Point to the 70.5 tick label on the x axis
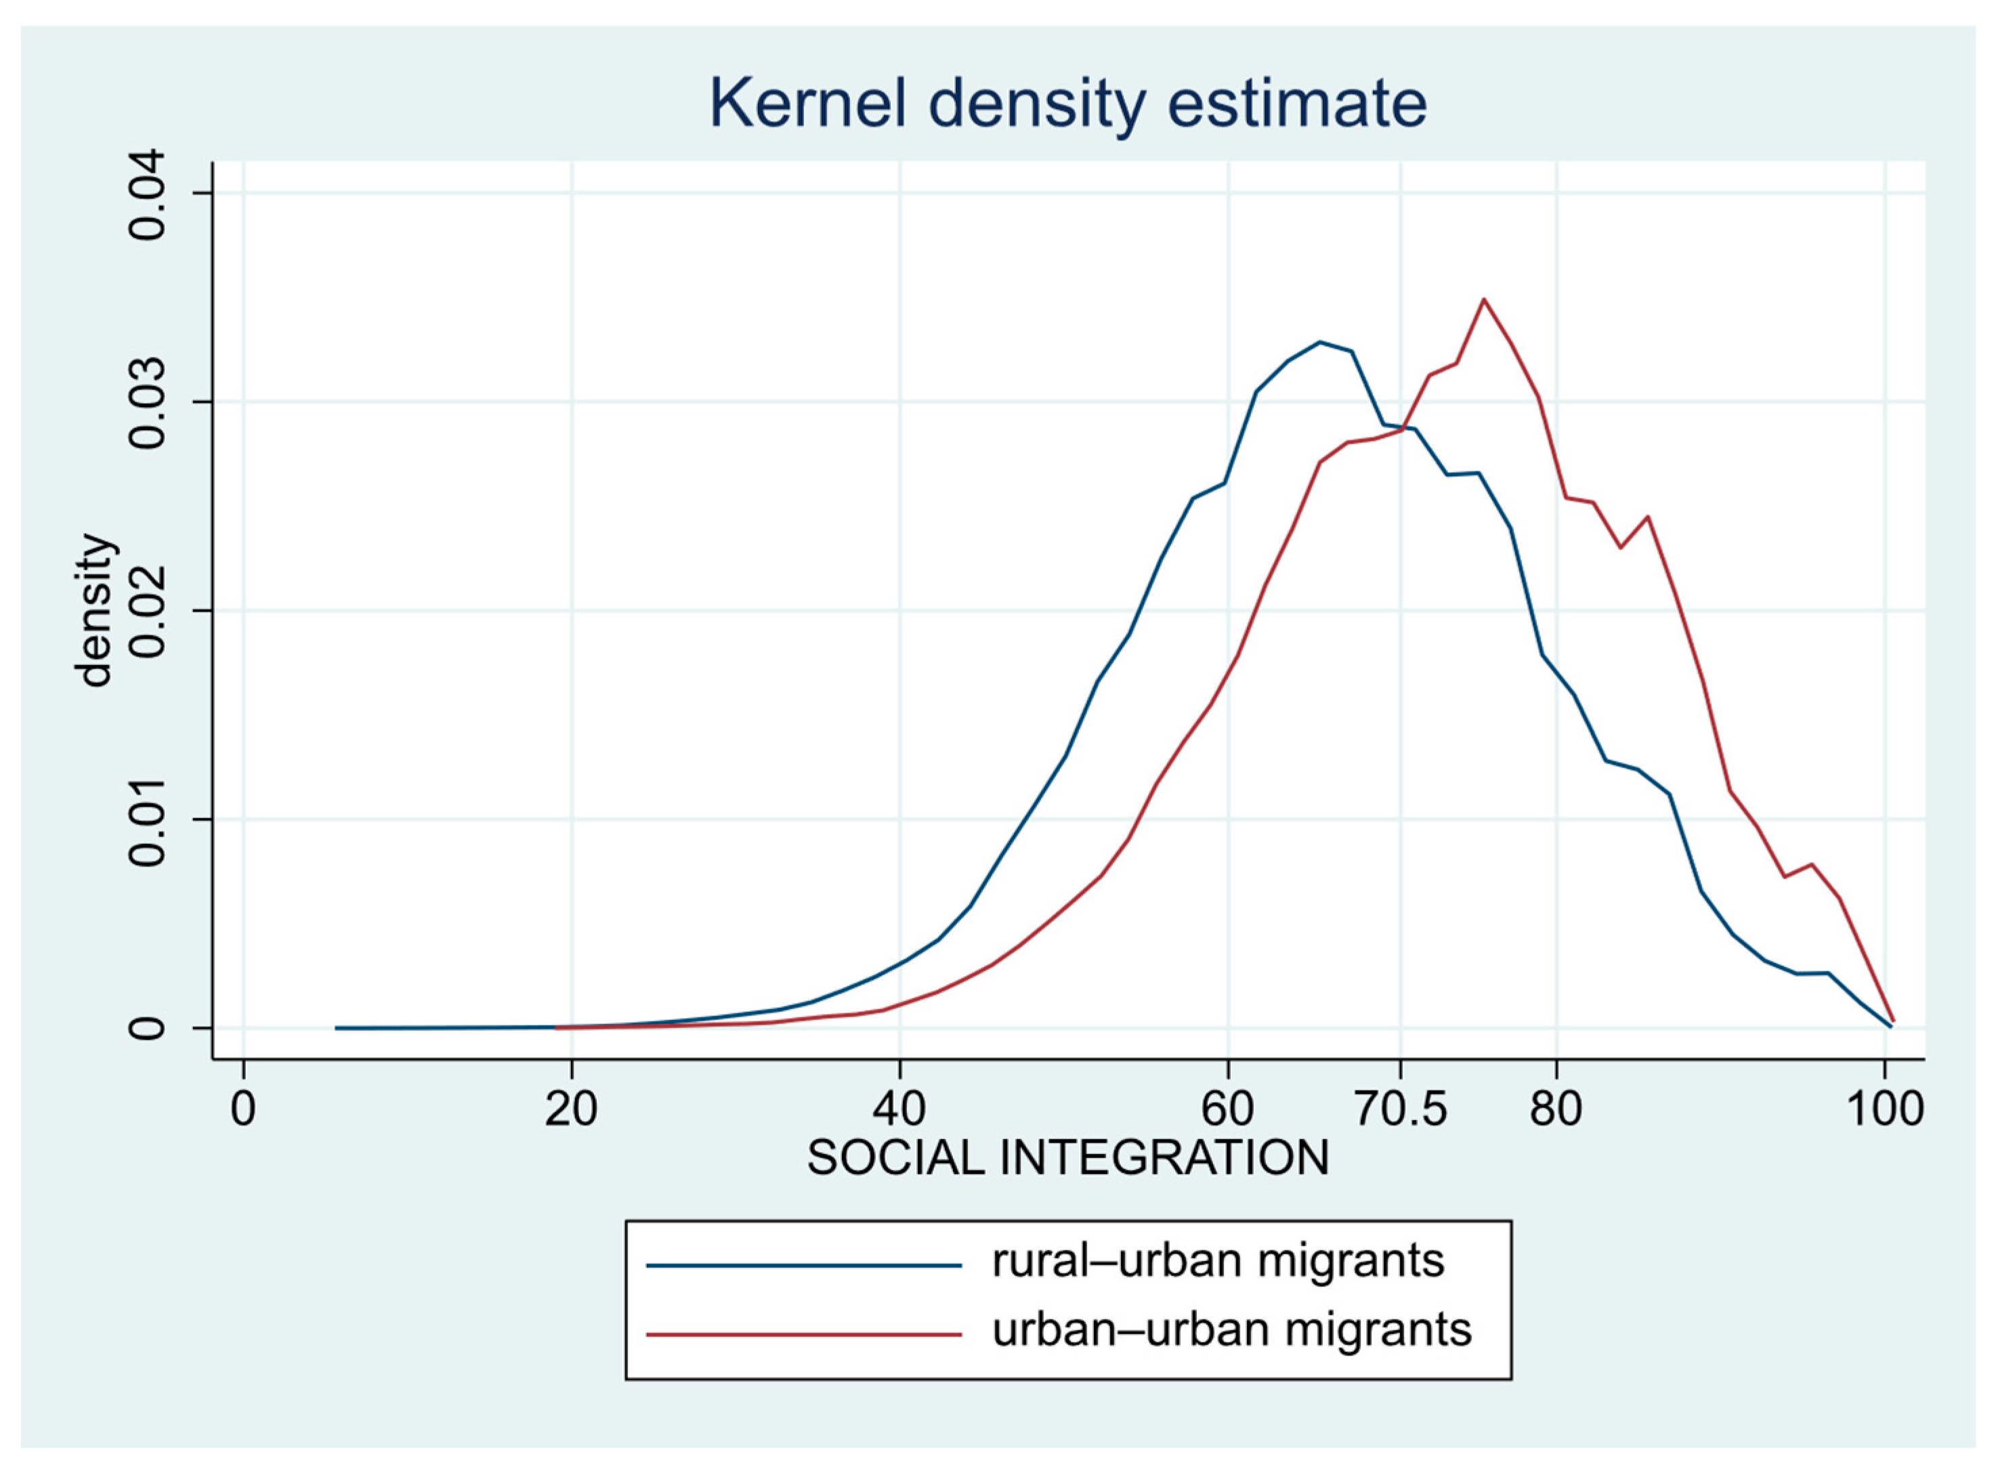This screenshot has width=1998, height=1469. tap(1401, 1109)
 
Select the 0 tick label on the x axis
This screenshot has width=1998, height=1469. tap(242, 1109)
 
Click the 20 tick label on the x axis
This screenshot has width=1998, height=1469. tap(571, 1109)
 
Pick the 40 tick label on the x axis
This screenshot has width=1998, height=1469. tap(900, 1109)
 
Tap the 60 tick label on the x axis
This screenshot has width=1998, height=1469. tap(1228, 1109)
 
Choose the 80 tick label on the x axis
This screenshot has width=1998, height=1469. tap(1556, 1109)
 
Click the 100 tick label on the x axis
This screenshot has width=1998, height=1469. tap(1885, 1109)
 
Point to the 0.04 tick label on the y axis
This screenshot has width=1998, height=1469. tap(147, 194)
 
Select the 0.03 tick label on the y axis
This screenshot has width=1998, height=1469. tap(147, 403)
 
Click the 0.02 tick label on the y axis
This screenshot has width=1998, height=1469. tap(147, 612)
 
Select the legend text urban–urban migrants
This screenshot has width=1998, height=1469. tap(1231, 1330)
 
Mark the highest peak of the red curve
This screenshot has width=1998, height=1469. tap(1483, 299)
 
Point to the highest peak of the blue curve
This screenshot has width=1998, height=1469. tap(1321, 341)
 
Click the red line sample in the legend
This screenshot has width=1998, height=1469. tap(804, 1334)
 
